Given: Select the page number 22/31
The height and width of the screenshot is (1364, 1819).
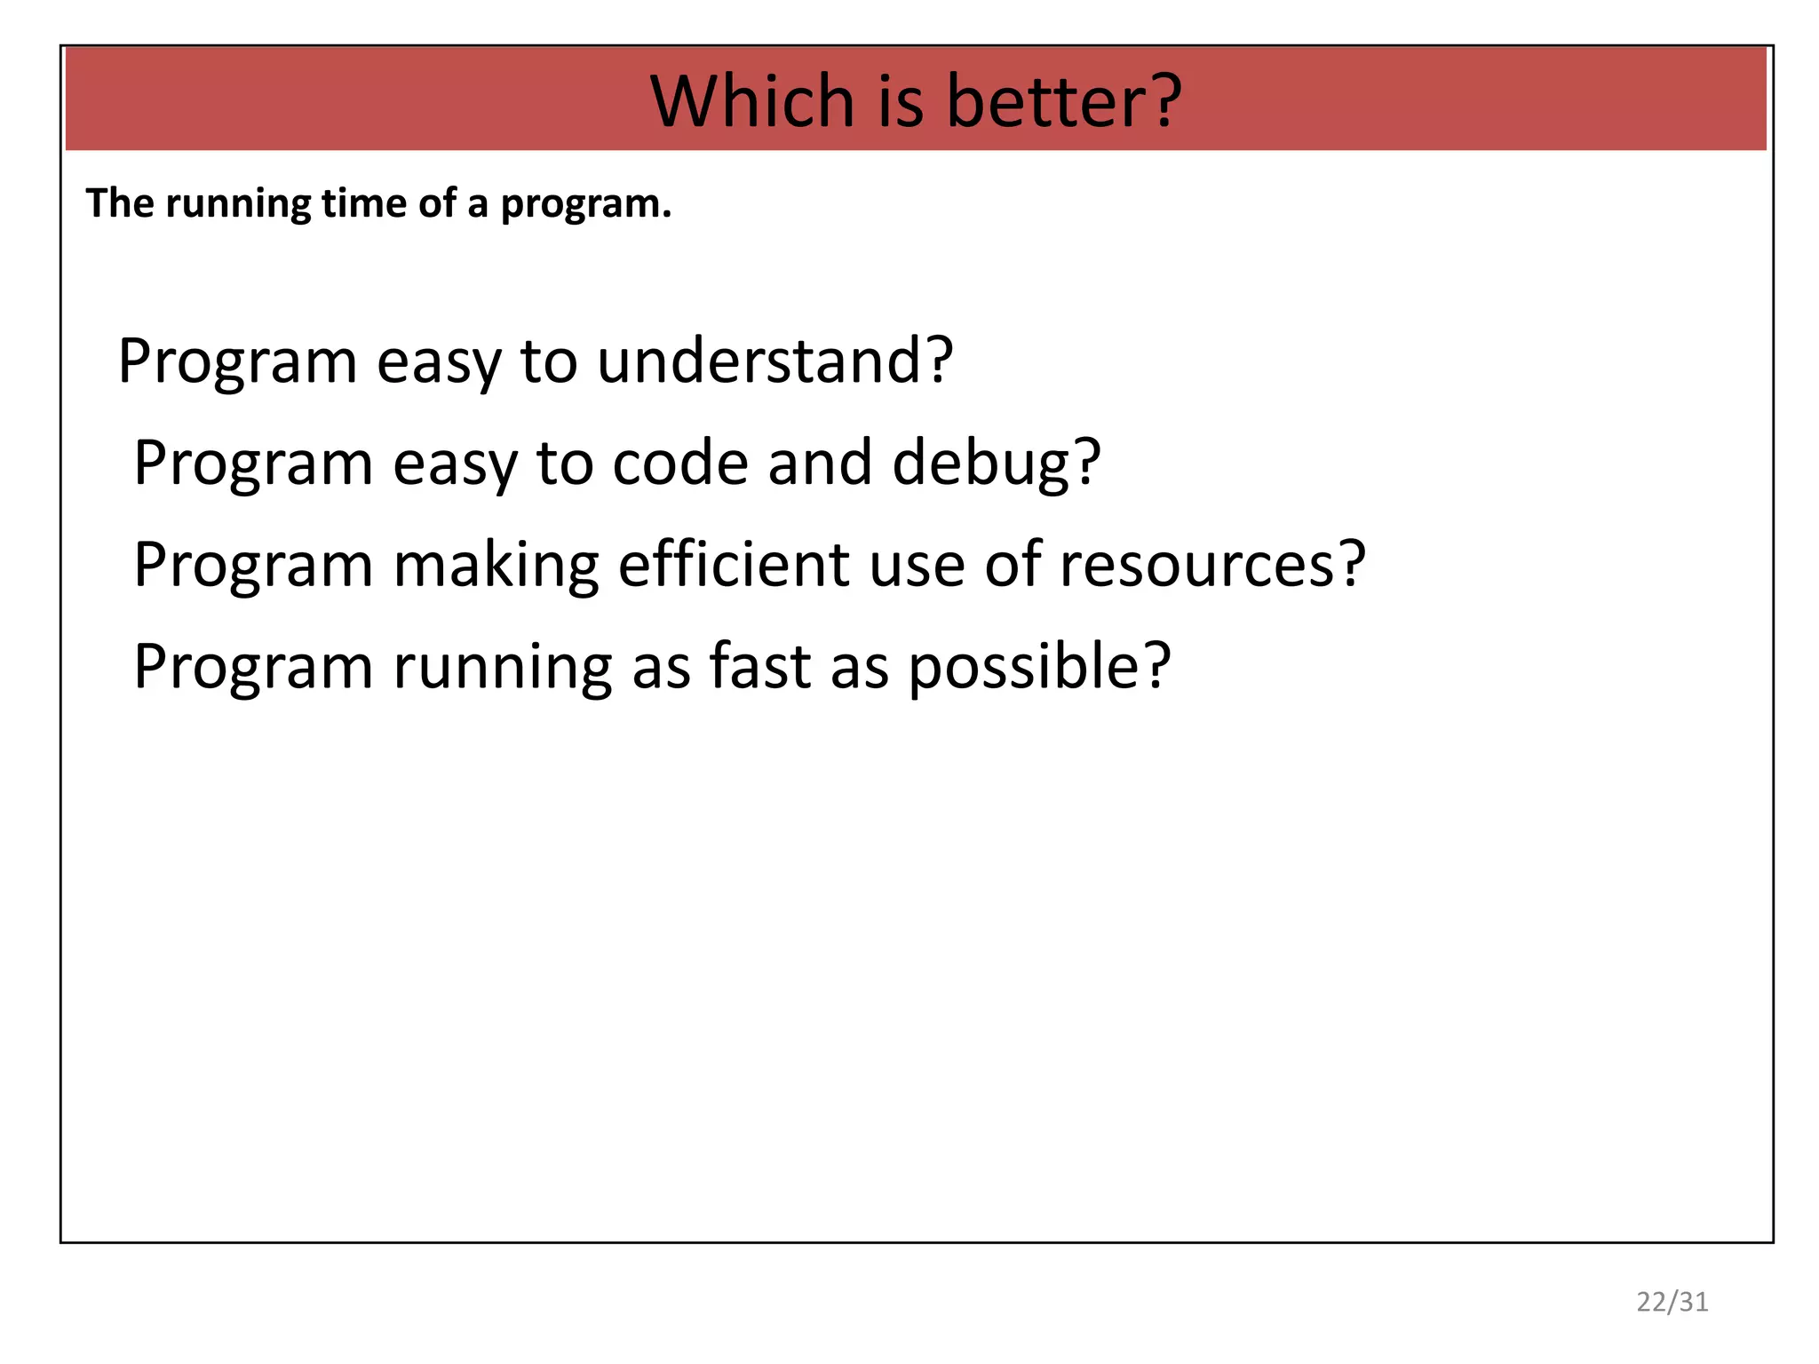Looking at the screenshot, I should coord(1672,1302).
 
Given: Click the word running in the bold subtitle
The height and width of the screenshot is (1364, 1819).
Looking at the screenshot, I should coord(237,204).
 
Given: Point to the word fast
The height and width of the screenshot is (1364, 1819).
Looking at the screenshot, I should coord(760,666).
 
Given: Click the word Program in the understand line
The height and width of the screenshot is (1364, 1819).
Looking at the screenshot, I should coord(237,362).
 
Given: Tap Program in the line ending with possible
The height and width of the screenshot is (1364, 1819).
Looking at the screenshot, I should coord(253,668).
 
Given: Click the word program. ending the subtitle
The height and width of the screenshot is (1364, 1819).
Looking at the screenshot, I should coord(585,204).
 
